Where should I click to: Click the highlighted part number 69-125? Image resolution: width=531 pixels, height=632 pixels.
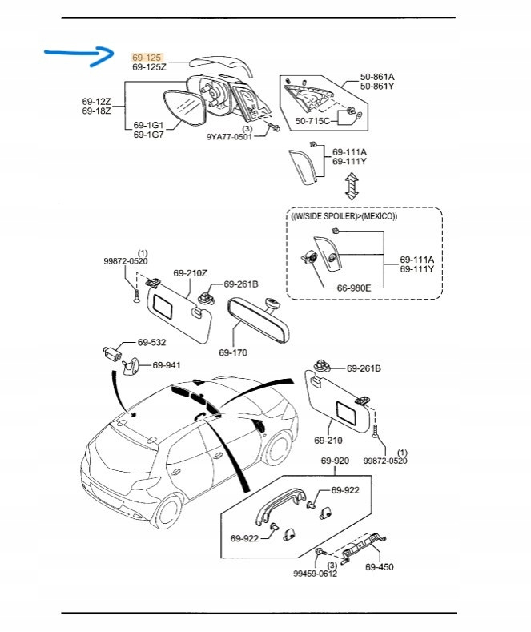147,58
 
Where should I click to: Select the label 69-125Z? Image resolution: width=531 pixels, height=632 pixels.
149,68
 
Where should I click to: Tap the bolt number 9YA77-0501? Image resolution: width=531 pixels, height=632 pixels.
228,137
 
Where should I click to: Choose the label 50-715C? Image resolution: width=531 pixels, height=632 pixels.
313,120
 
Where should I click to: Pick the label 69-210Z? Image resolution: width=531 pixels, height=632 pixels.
190,273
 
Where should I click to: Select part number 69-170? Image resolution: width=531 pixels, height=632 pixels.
233,351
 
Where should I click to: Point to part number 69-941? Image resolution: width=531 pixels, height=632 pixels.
167,365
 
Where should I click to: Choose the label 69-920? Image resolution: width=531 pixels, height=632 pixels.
335,461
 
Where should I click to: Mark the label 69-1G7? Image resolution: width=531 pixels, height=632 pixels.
148,135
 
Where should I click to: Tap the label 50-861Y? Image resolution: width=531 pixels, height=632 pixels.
377,86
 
